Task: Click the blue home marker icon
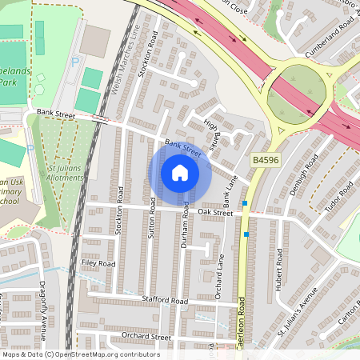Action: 180,174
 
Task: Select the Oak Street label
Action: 215,213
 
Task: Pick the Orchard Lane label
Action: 218,276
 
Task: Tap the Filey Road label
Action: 98,263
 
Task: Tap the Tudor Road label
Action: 338,198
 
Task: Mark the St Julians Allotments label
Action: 64,172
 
